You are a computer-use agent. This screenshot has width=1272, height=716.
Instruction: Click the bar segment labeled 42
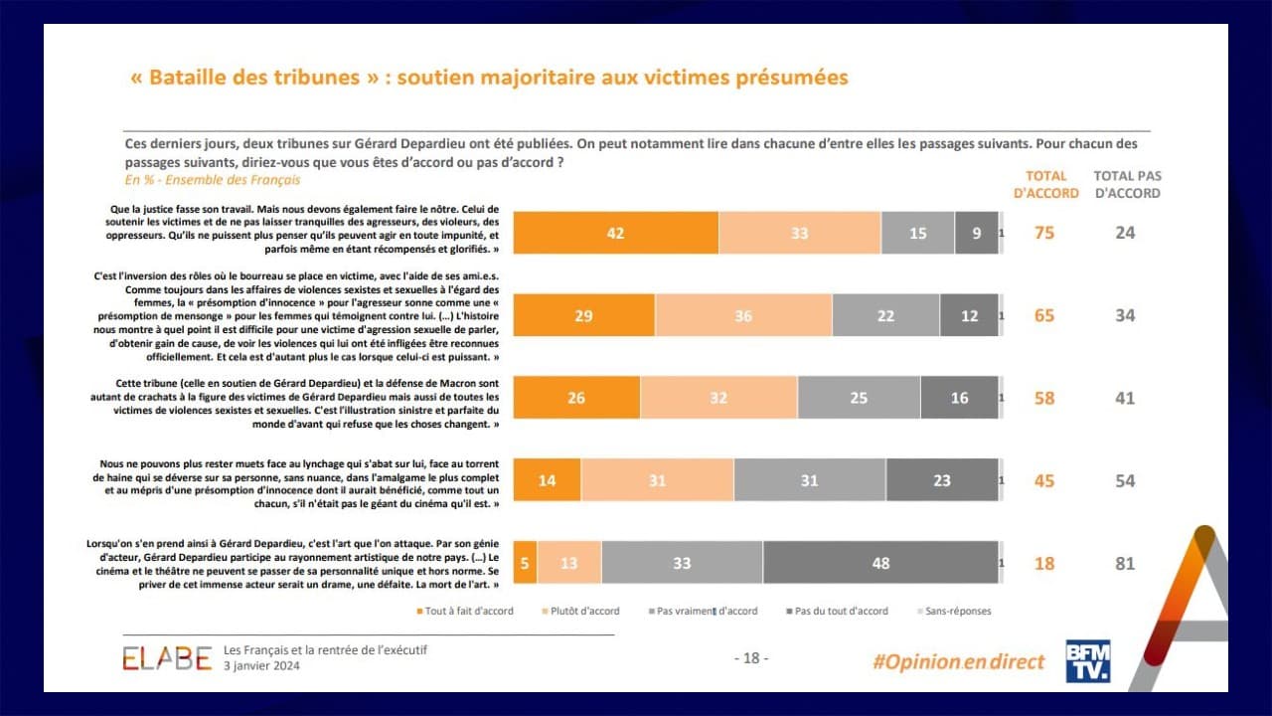[615, 233]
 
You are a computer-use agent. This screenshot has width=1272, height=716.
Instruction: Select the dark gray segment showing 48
[880, 563]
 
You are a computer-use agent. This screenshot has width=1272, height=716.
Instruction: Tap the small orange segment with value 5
[525, 563]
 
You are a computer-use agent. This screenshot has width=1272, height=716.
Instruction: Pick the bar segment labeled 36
[743, 315]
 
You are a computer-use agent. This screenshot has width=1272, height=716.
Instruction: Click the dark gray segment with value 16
[959, 398]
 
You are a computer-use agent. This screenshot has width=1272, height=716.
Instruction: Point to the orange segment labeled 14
[547, 480]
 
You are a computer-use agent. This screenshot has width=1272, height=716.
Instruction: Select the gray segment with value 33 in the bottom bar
[682, 563]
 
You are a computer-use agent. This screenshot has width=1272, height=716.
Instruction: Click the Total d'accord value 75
[1045, 233]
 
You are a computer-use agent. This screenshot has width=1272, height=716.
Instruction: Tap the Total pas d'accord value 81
[1125, 563]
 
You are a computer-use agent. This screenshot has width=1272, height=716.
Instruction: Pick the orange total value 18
[1045, 563]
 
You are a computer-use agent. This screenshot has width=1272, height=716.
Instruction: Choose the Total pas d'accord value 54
[1125, 480]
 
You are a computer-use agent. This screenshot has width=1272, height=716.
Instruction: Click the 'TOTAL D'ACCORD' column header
[1045, 184]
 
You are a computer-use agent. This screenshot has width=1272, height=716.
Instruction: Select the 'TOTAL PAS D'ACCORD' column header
[1127, 184]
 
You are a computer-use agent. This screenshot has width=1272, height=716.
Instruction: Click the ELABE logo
[167, 658]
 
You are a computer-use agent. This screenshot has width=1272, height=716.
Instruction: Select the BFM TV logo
[1087, 660]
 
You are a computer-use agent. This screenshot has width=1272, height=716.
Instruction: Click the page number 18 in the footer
[750, 658]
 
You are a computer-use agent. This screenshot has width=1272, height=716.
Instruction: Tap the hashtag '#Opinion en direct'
[958, 661]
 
